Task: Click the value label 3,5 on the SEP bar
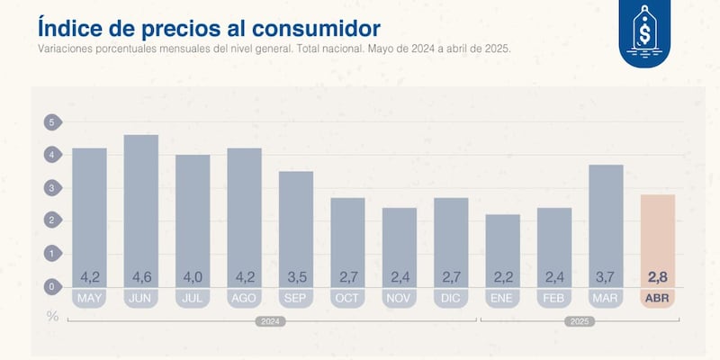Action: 296,276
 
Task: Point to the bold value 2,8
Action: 658,276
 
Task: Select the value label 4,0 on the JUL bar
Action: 193,276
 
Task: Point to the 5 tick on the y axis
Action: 51,122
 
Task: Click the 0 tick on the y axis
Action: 51,287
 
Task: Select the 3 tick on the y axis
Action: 51,188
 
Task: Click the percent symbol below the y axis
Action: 51,316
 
